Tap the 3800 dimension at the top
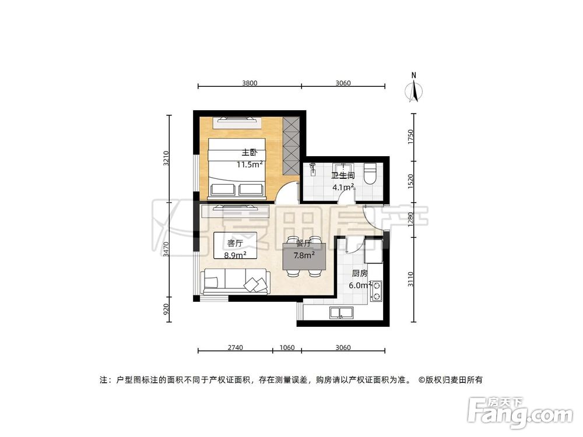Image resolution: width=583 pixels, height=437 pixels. coord(250,83)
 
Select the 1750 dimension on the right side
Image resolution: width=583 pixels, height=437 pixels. coord(411,138)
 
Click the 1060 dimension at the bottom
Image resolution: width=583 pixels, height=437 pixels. coord(287,347)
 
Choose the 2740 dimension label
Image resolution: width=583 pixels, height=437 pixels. coord(235,347)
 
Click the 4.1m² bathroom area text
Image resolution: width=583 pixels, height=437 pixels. coord(343,187)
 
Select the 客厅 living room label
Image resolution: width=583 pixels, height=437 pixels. coord(236,243)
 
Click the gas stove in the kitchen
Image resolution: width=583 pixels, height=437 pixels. coord(376,291)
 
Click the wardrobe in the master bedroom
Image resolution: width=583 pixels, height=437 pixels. coord(291,145)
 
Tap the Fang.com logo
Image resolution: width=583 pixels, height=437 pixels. coord(521,412)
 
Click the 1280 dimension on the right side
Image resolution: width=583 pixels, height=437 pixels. coord(411,219)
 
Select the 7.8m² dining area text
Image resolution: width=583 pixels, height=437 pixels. coord(304,255)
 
